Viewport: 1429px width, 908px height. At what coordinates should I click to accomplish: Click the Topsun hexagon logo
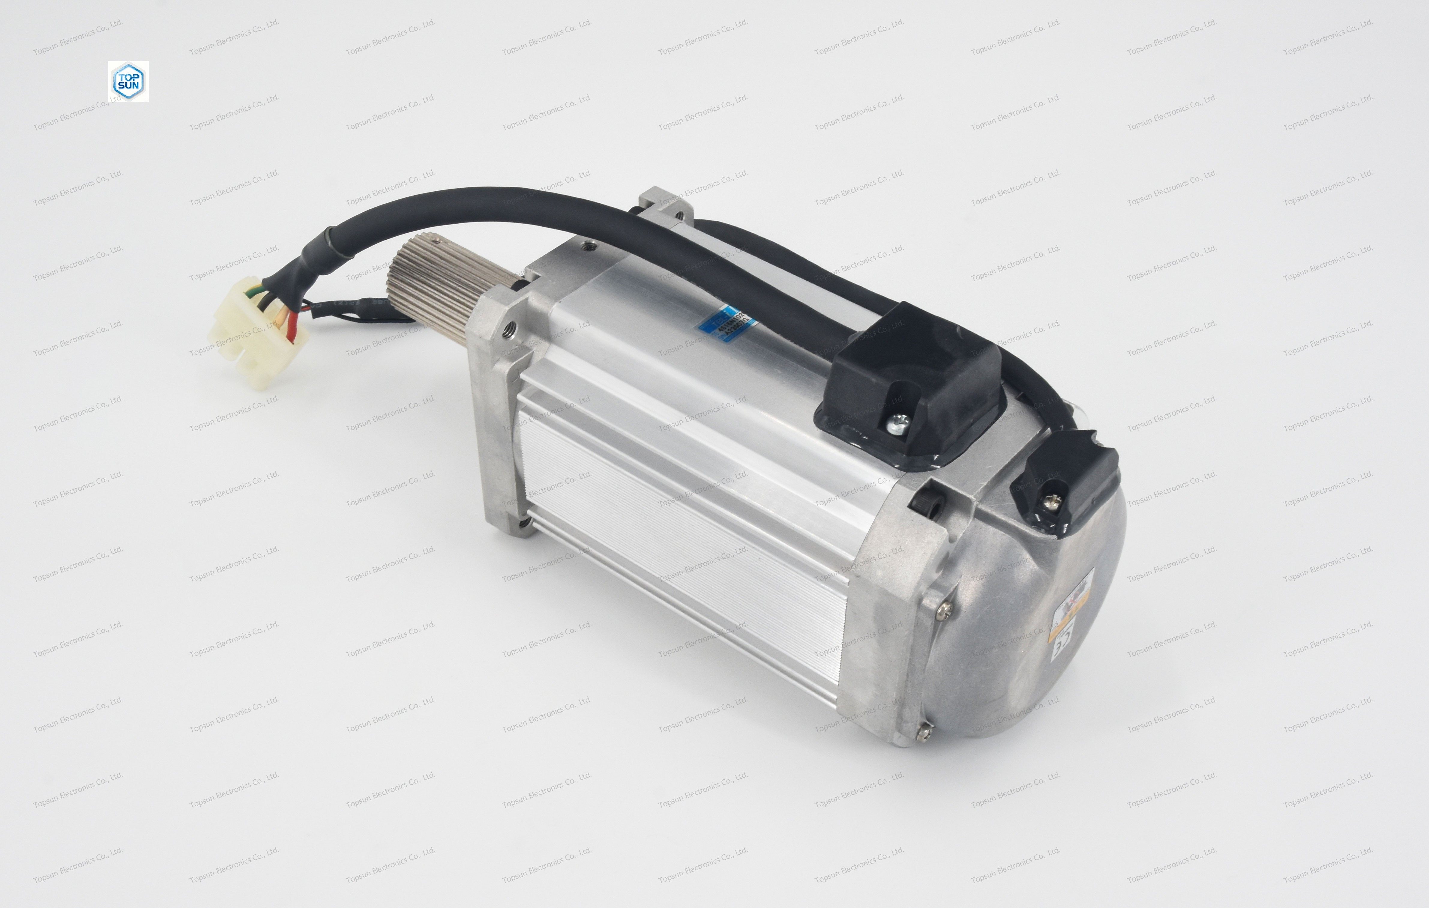pyautogui.click(x=128, y=81)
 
